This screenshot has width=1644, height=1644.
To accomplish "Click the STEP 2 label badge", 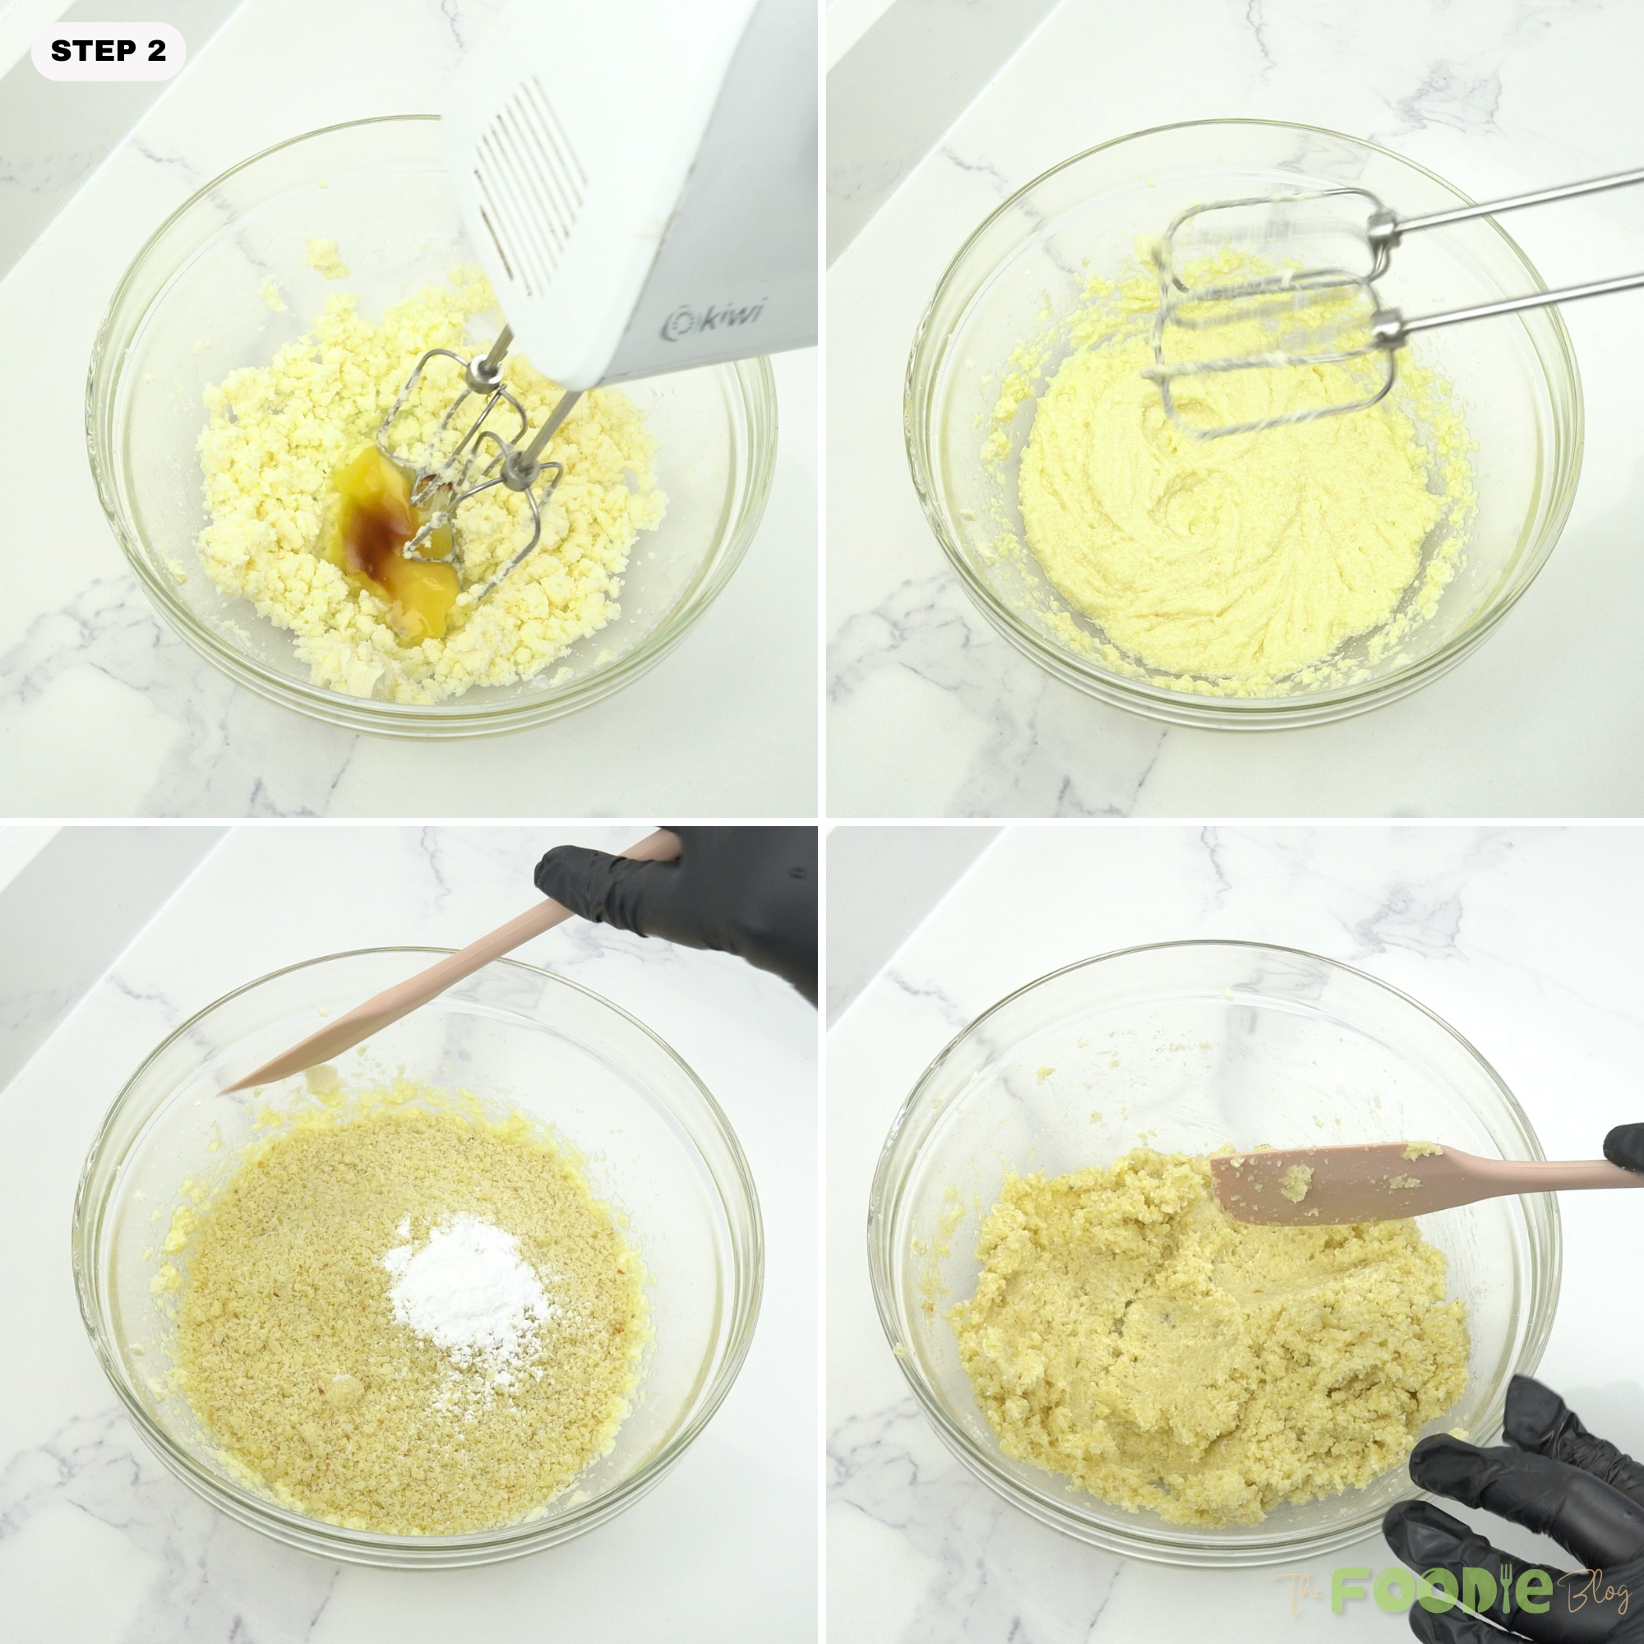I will coord(108,51).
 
